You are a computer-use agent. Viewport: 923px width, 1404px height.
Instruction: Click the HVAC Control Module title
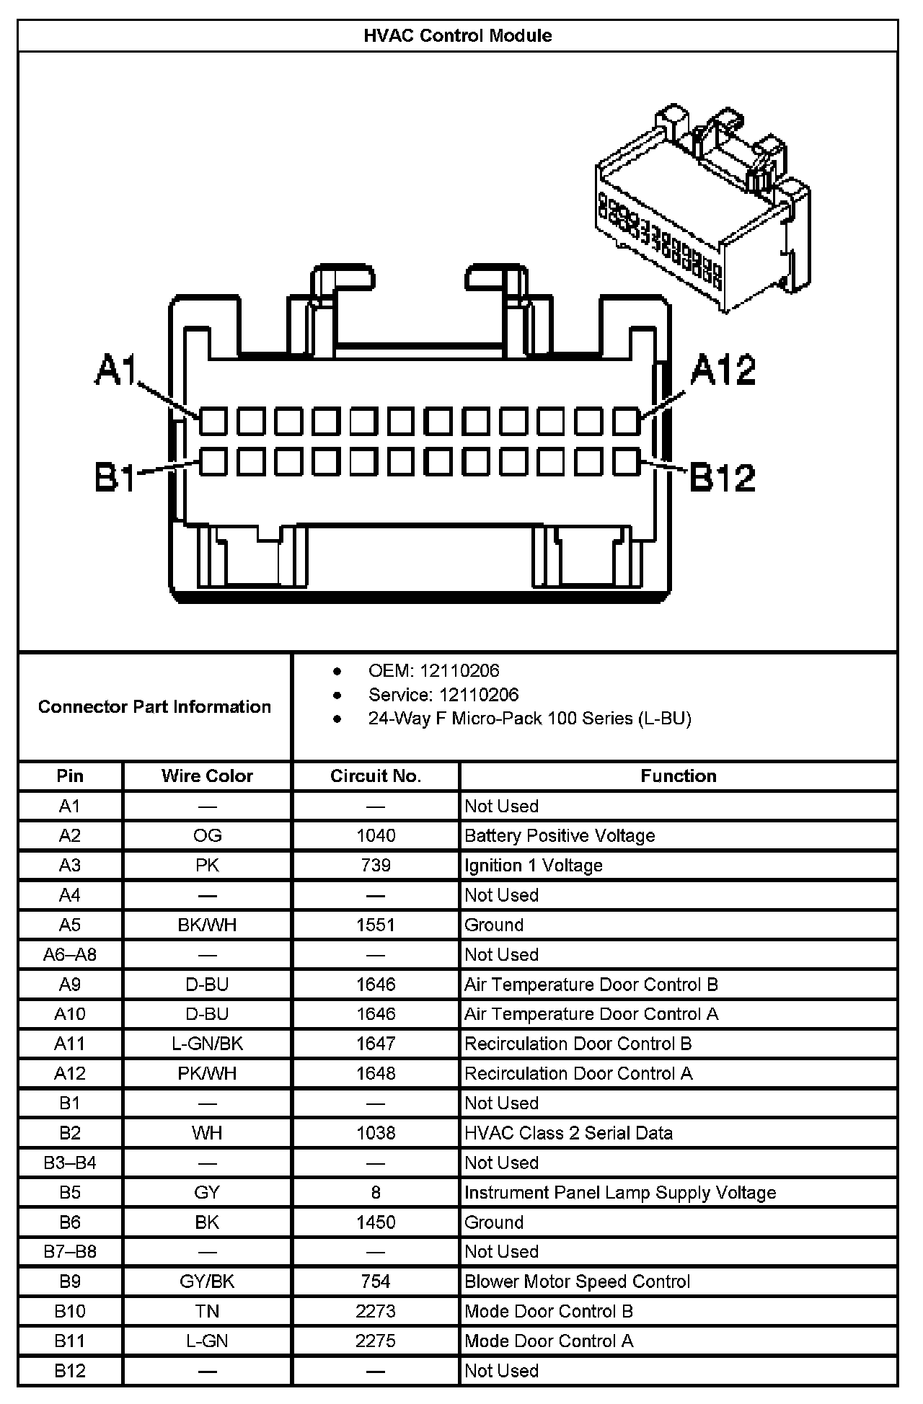(x=457, y=36)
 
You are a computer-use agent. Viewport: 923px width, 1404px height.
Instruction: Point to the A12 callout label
(x=723, y=370)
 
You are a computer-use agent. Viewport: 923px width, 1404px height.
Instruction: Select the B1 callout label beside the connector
(x=115, y=477)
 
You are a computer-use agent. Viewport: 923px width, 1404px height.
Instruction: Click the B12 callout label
(x=723, y=477)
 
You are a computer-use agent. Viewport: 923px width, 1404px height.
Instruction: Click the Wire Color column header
(x=207, y=776)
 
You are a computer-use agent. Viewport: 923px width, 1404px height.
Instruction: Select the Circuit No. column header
(x=375, y=776)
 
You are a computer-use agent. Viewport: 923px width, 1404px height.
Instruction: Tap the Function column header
(x=678, y=776)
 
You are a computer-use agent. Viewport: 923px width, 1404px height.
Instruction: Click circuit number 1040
(x=376, y=835)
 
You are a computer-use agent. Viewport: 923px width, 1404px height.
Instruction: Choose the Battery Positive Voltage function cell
(x=560, y=835)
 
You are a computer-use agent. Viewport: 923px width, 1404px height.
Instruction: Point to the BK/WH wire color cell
(x=207, y=925)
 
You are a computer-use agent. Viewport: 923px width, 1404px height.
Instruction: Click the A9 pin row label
(x=70, y=985)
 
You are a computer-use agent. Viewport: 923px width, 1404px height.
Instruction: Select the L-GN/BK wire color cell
(x=207, y=1044)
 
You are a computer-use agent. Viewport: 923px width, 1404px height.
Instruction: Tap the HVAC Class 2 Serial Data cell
(x=568, y=1133)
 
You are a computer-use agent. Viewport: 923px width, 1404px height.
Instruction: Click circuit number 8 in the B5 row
(x=376, y=1192)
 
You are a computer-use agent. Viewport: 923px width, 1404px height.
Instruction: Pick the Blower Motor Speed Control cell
(x=577, y=1281)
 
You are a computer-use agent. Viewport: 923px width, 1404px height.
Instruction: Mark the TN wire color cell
(x=207, y=1311)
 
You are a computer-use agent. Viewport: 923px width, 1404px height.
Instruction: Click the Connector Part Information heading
(x=154, y=706)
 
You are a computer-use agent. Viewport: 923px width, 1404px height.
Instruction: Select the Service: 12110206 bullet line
(x=443, y=695)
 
